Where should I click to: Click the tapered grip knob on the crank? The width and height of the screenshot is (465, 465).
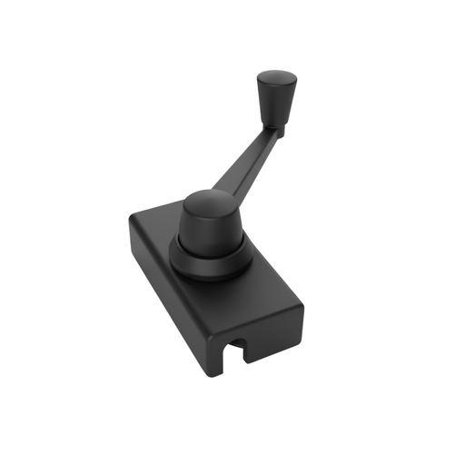274,98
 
